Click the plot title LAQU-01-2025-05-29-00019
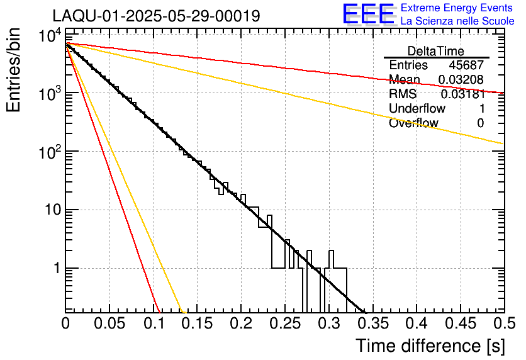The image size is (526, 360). (156, 16)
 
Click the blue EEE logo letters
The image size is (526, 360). (368, 14)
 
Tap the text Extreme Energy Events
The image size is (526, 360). (457, 8)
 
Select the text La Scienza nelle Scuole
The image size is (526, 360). (457, 21)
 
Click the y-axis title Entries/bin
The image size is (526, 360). (14, 70)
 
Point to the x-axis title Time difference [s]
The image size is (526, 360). (430, 346)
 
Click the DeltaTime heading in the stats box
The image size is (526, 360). (436, 51)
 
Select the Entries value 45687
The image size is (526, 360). (466, 65)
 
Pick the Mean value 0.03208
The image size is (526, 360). (461, 79)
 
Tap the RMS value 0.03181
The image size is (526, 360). (462, 94)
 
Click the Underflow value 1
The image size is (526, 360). (482, 108)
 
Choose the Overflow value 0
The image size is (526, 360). (480, 123)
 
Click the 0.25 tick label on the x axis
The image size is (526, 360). (286, 323)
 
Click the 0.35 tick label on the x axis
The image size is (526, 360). (373, 323)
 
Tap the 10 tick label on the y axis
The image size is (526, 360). (53, 210)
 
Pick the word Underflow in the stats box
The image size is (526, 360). (417, 108)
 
